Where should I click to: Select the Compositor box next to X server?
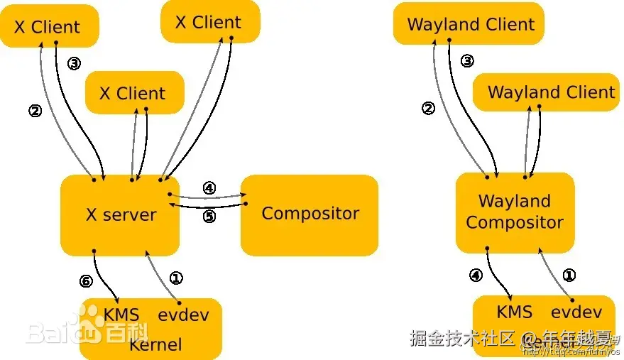(310, 214)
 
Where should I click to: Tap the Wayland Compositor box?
(515, 212)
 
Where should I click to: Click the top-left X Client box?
(48, 27)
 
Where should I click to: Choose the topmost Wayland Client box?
(469, 24)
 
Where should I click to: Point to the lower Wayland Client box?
(550, 92)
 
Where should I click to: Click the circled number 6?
(86, 281)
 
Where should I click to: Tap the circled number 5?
(209, 217)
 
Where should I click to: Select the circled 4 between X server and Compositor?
(209, 188)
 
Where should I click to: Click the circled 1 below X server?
(177, 278)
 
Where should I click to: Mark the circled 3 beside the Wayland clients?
(466, 61)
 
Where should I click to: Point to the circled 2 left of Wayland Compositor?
(427, 109)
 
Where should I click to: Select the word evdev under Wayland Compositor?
(576, 312)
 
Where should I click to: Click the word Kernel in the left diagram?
(155, 345)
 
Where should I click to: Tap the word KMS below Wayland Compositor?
(515, 312)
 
